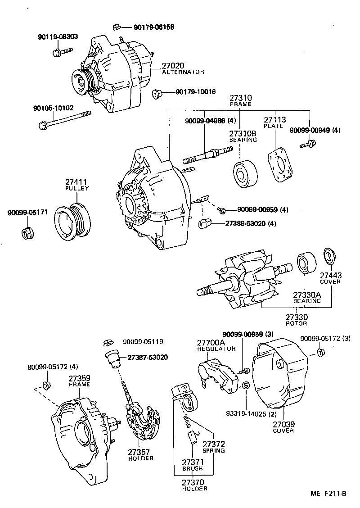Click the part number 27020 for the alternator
click(x=173, y=66)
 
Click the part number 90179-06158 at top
click(x=154, y=27)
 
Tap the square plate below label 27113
click(x=279, y=166)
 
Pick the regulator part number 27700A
click(x=211, y=342)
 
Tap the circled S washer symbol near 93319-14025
click(x=246, y=386)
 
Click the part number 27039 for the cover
click(x=283, y=424)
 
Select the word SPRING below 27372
click(x=213, y=450)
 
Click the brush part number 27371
click(x=192, y=462)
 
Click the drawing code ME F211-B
click(x=328, y=494)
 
